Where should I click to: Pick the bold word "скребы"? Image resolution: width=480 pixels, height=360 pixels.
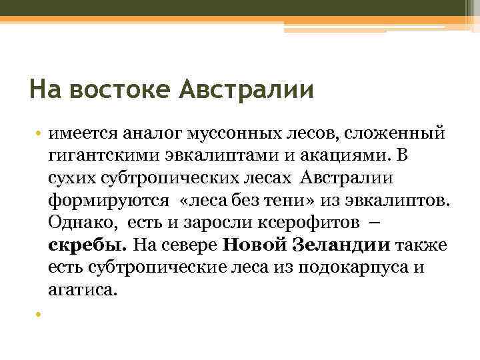(85, 245)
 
